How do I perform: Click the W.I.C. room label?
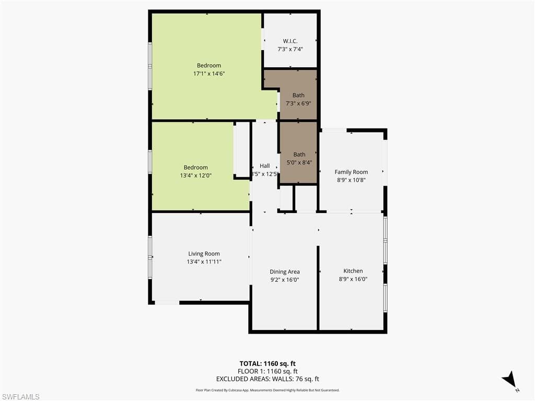(290, 41)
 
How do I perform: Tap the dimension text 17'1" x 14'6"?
(208, 74)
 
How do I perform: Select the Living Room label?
(204, 254)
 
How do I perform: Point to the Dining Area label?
(284, 272)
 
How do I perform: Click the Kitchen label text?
(353, 270)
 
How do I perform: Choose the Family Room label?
(351, 172)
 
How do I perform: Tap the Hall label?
(265, 166)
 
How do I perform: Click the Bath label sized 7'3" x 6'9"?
(298, 95)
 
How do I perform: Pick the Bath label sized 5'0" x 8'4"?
(299, 154)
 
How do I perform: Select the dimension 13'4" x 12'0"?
(195, 176)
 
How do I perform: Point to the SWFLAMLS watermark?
(21, 397)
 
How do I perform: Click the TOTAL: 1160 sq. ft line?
(267, 363)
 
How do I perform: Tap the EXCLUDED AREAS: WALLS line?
(267, 379)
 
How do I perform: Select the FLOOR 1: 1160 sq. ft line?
(267, 371)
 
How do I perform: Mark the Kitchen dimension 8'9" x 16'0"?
(353, 279)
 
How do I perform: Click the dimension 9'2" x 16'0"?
(284, 280)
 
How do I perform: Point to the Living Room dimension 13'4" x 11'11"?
(204, 262)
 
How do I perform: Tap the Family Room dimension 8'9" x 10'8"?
(351, 180)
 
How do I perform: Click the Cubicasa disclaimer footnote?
(267, 390)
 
